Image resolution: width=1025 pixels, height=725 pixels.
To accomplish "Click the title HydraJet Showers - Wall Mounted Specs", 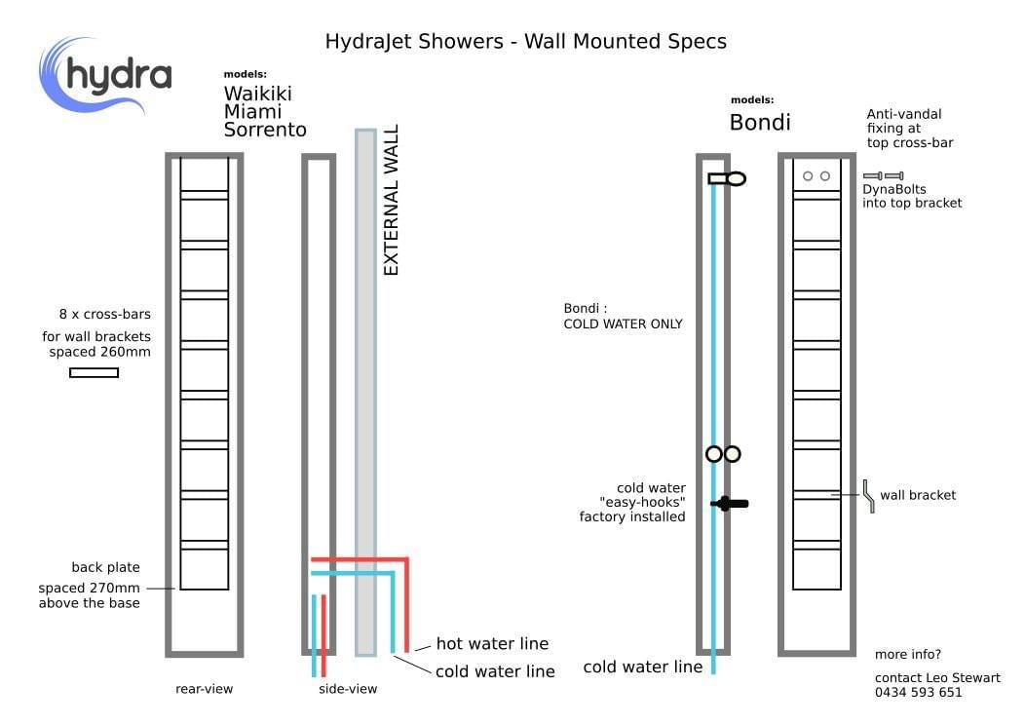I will tap(525, 41).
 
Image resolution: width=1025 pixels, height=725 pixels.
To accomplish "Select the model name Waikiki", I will tap(257, 94).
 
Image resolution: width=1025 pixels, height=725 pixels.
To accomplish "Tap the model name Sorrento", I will tap(265, 130).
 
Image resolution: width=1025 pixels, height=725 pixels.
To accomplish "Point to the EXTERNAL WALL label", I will tap(392, 200).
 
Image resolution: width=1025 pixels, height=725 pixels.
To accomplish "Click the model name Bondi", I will tap(760, 122).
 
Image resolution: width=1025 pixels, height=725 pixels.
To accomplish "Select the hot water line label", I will tap(491, 643).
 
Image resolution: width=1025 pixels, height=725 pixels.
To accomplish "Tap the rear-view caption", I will tap(204, 689).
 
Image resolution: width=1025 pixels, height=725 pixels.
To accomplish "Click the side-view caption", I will tap(348, 689).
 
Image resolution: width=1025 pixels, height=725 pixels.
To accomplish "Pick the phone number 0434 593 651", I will tap(918, 693).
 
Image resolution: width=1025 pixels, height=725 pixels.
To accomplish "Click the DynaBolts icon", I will tap(883, 175).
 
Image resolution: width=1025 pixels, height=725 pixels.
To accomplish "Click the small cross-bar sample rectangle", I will tap(94, 372).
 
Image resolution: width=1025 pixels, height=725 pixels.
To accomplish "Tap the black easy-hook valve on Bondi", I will tap(729, 504).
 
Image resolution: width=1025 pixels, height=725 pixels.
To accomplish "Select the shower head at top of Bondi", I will tap(727, 178).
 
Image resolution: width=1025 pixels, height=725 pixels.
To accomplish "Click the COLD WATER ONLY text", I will tap(623, 324).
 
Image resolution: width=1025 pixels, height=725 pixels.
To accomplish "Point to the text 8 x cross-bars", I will tap(104, 314).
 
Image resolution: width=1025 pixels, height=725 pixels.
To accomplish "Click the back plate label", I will tap(105, 567).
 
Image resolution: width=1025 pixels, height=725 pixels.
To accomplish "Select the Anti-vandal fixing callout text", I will tap(910, 128).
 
